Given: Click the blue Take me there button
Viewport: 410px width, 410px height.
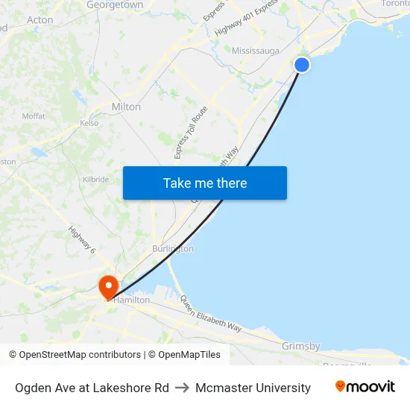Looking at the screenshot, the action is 205,183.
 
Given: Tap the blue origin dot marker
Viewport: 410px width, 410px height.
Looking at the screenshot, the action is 302,65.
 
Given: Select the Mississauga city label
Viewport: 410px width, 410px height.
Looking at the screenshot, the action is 255,51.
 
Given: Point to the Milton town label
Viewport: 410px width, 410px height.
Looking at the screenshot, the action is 126,107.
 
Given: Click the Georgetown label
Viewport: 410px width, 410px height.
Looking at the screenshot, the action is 115,5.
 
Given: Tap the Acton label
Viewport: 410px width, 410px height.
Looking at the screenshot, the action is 40,20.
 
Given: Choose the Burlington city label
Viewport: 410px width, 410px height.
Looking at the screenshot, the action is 173,248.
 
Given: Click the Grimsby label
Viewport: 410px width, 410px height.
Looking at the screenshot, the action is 301,346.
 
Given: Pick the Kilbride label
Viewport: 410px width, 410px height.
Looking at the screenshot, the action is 95,180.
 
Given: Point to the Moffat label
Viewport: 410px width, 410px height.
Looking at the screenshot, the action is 34,116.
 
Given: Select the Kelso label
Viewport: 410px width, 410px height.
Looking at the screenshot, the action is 89,123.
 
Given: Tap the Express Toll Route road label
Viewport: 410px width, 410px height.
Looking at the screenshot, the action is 191,132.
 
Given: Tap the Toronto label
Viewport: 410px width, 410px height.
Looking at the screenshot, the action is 394,4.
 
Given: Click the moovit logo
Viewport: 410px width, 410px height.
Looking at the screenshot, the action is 365,387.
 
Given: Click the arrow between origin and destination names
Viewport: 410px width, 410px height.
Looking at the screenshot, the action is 183,388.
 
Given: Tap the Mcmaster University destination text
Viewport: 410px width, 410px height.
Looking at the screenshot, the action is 253,388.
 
